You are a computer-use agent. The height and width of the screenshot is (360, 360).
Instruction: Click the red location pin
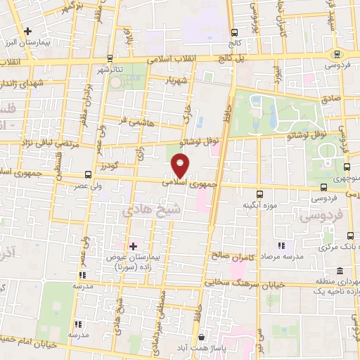(181, 165)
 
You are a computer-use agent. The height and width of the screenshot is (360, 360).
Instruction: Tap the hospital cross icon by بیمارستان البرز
(27, 31)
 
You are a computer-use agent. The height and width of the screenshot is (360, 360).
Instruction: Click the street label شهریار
(175, 81)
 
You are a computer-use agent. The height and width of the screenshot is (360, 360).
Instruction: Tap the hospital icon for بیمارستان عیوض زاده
(132, 246)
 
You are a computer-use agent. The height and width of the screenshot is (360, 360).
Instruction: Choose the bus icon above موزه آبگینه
(259, 194)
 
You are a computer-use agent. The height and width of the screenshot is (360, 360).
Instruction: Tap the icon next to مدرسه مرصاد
(281, 245)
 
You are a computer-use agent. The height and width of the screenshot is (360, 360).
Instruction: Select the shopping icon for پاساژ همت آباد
(202, 337)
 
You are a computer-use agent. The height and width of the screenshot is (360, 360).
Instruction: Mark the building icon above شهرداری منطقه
(340, 271)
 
